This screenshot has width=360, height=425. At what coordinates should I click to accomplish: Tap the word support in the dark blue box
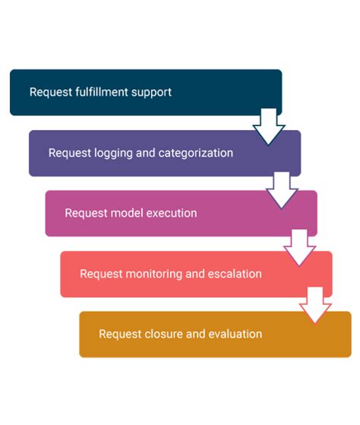[151, 92]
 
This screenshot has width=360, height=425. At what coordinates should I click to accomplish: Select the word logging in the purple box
[113, 153]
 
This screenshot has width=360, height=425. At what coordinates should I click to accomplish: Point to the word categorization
[195, 153]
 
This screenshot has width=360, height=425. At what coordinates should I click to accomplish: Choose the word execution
[172, 213]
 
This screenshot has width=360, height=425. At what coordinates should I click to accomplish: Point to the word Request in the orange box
[119, 334]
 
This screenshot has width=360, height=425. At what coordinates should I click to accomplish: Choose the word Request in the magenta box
[85, 213]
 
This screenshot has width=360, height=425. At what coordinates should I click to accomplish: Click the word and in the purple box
[146, 153]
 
